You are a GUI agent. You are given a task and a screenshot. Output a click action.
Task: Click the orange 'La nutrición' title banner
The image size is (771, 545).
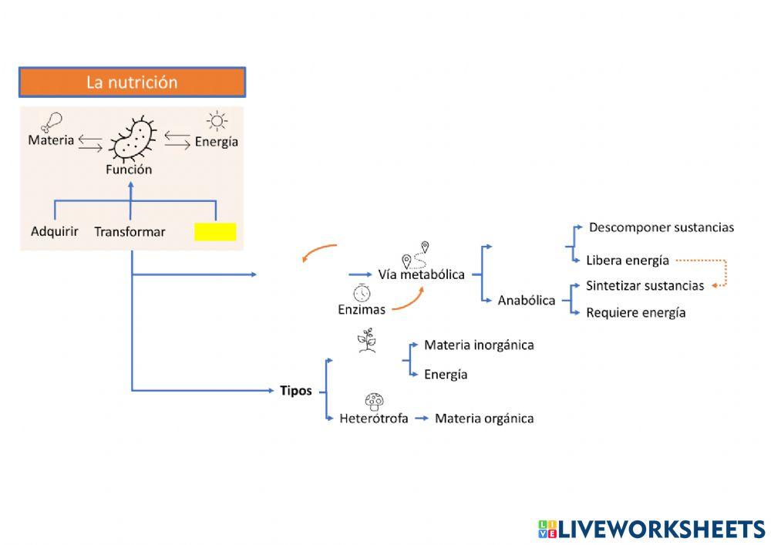click(132, 82)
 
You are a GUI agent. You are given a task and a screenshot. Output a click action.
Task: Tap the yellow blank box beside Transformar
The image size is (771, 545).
click(215, 232)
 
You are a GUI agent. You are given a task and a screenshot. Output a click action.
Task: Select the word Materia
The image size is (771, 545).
click(51, 140)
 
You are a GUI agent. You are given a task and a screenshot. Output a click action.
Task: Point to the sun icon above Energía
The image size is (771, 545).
click(217, 121)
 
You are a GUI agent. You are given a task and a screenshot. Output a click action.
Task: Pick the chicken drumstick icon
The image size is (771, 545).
click(52, 121)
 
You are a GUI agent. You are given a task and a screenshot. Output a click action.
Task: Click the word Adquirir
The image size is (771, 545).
click(54, 230)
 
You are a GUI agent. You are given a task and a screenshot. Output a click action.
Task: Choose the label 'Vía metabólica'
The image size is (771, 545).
click(421, 274)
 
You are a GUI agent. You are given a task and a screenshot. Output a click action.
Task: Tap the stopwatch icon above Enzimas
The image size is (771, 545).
click(362, 293)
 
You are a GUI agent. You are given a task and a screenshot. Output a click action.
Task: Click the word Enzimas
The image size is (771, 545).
click(362, 310)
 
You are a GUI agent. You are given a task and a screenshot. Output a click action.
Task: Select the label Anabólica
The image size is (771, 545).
click(527, 301)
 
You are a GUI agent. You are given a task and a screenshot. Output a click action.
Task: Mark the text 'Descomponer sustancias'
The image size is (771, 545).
click(661, 227)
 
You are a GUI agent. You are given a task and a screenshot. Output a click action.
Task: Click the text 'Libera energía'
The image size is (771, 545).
click(627, 260)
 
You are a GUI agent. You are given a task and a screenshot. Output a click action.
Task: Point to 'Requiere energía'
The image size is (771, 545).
click(635, 312)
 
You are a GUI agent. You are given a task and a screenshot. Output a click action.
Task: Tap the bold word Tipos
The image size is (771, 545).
click(295, 390)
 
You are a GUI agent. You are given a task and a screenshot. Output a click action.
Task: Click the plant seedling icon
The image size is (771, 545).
click(367, 340)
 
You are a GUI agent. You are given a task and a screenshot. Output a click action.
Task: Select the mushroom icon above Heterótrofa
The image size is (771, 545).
click(374, 401)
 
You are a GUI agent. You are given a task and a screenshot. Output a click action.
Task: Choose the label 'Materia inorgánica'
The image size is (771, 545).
click(479, 345)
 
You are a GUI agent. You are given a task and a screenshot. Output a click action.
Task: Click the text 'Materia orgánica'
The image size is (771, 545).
click(484, 419)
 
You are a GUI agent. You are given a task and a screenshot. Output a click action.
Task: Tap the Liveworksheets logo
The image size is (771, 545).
click(651, 529)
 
